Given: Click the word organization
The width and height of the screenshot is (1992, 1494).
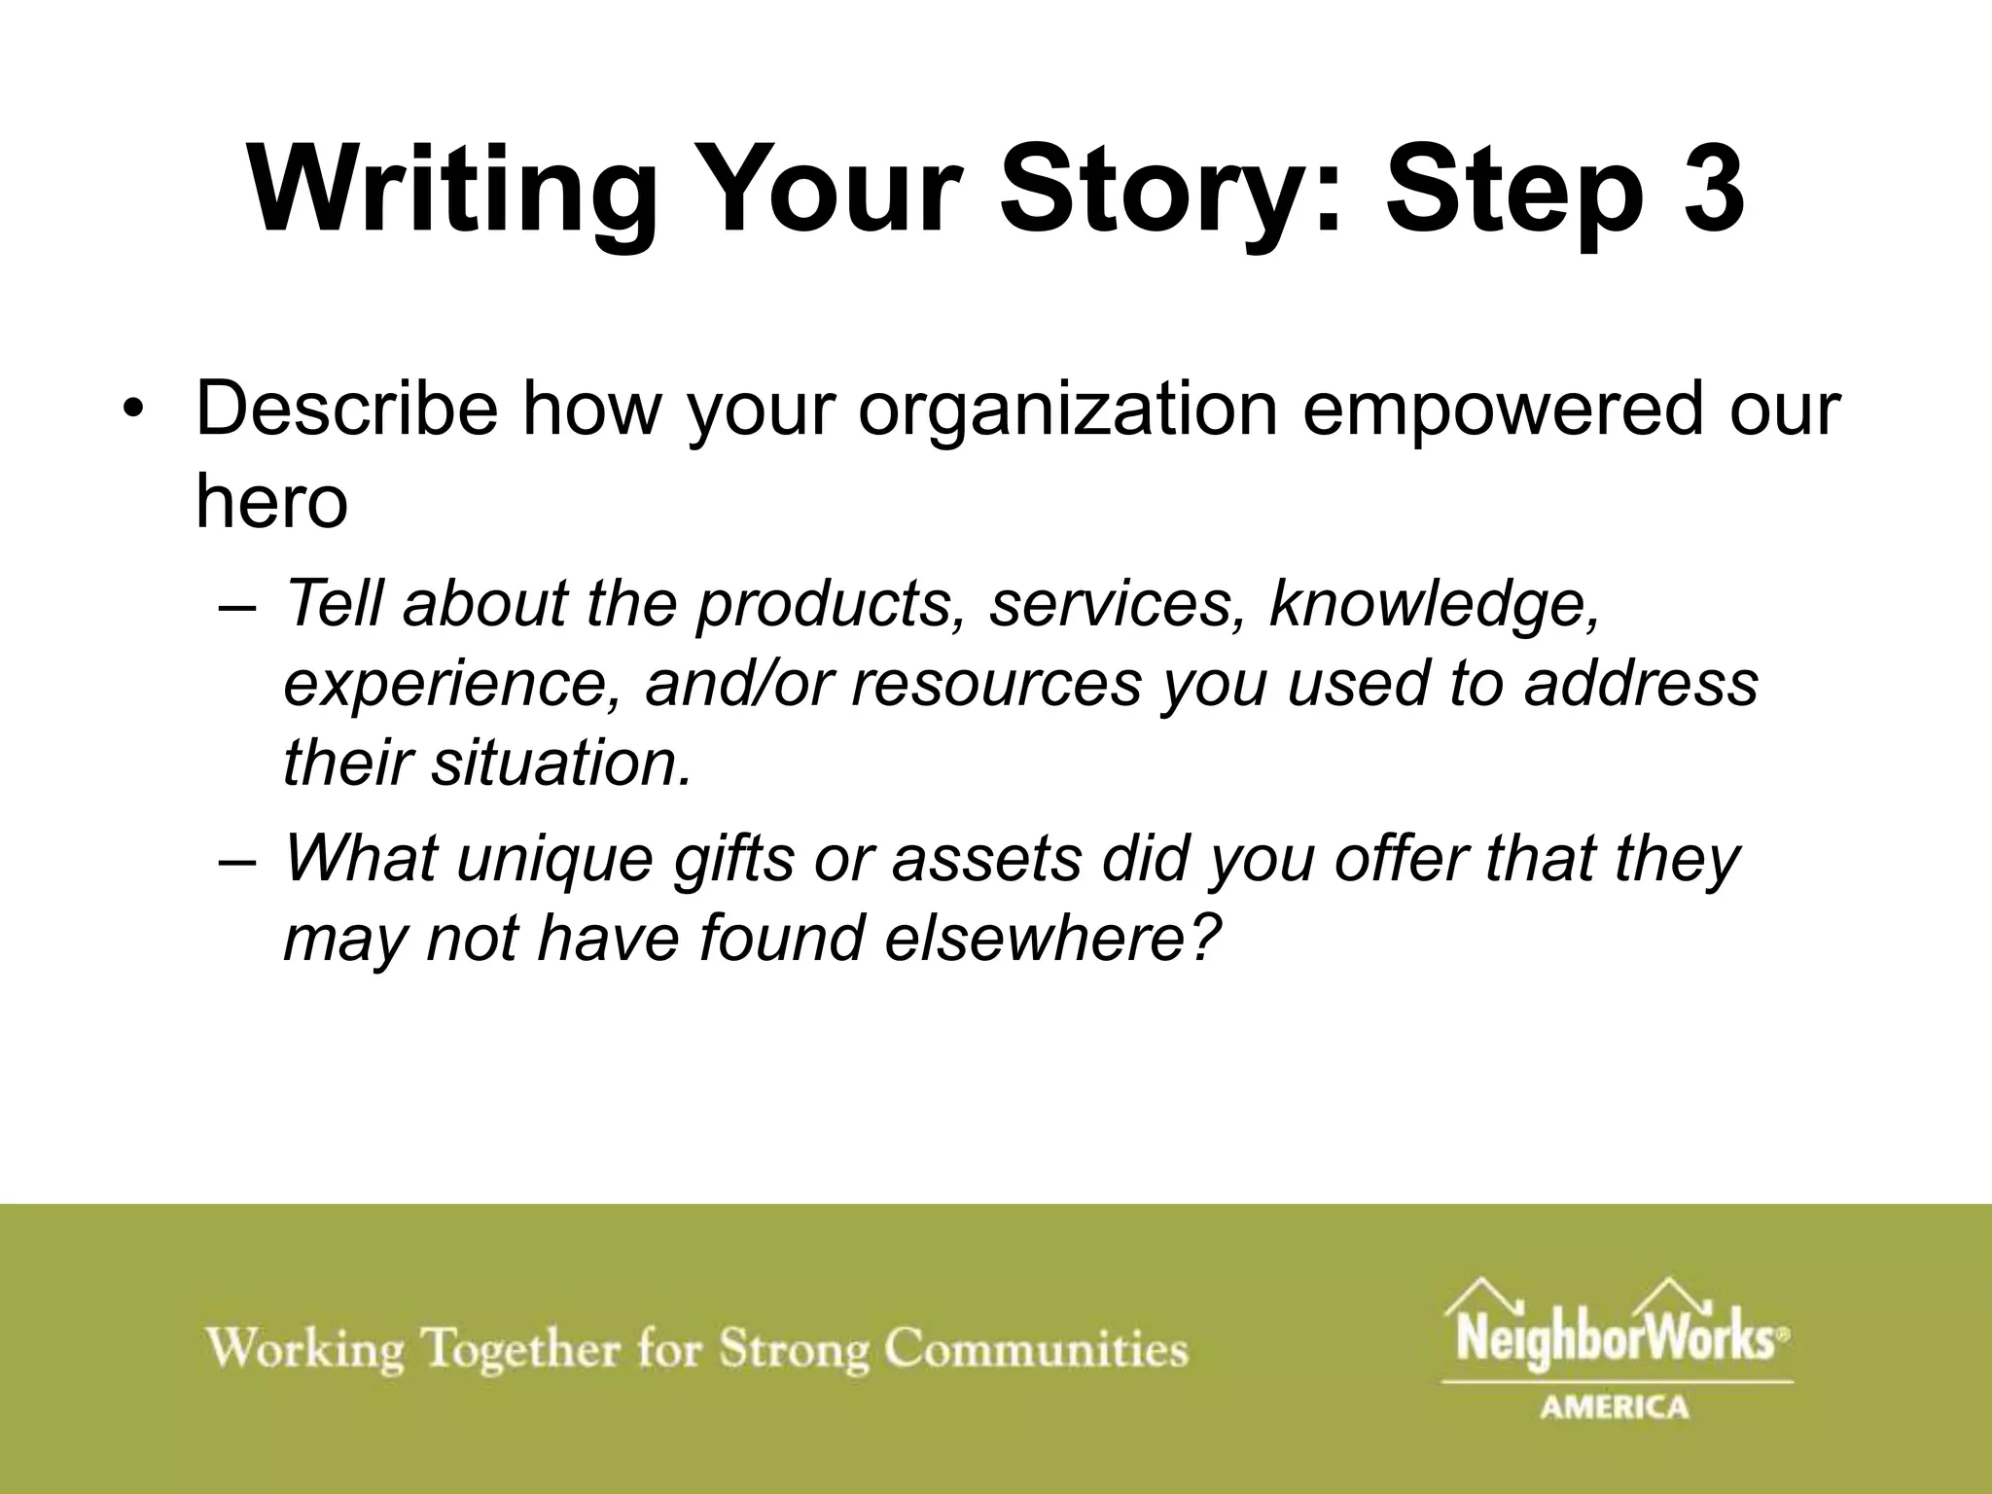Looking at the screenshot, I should tap(1068, 409).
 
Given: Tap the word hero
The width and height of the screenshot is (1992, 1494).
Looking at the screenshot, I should tap(271, 502).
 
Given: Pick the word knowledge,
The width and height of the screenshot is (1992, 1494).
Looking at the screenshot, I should tap(1435, 603).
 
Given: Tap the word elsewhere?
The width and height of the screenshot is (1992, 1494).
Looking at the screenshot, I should tap(1051, 940).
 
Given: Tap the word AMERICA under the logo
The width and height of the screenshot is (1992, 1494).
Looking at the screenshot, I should tap(1615, 1407).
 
